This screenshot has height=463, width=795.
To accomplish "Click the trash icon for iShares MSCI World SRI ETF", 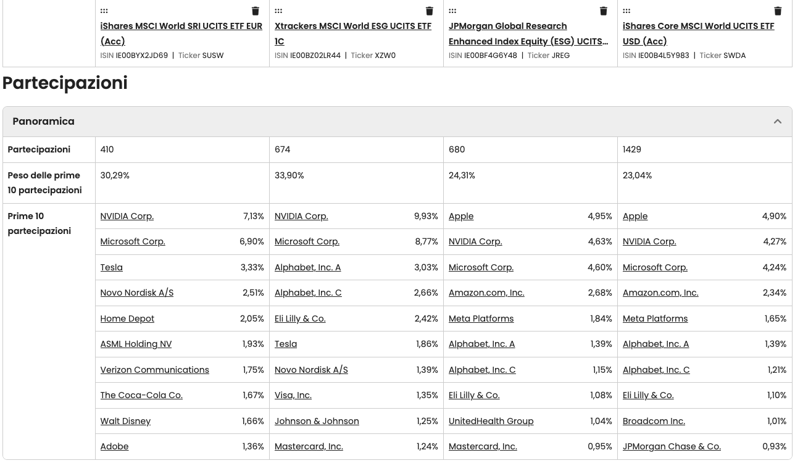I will (x=256, y=11).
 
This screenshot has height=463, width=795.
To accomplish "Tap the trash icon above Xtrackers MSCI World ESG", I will (x=430, y=11).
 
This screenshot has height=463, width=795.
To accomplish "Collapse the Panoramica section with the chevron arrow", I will (x=778, y=122).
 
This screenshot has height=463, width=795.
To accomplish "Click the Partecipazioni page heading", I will (x=65, y=83).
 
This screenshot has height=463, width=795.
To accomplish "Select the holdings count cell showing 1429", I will (x=632, y=149).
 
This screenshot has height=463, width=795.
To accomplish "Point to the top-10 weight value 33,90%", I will (x=289, y=175).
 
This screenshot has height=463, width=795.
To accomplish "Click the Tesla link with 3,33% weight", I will (x=112, y=267).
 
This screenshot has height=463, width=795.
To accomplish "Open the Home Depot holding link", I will (x=127, y=319).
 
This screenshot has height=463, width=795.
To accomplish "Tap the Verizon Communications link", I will (x=154, y=370).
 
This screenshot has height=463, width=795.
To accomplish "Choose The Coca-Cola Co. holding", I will (x=141, y=395).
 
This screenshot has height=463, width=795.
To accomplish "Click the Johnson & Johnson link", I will (x=317, y=421).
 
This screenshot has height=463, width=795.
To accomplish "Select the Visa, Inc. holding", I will (x=293, y=395).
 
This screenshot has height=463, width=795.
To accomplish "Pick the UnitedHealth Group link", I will (x=491, y=421).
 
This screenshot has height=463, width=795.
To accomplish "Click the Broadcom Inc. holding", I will (x=654, y=421).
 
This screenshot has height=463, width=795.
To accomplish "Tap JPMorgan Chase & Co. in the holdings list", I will (x=672, y=446).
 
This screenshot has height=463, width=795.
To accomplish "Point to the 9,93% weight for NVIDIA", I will (x=426, y=216).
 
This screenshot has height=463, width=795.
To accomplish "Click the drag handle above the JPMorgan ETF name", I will (x=452, y=11).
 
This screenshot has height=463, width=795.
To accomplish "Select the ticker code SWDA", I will (x=735, y=55).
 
